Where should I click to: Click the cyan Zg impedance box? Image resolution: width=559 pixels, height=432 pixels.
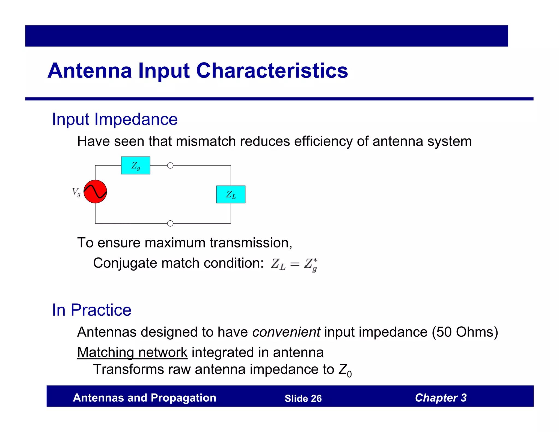coord(135,165)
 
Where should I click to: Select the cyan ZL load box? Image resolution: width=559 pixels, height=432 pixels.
coord(231,194)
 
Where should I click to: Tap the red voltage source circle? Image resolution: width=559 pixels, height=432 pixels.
coord(95,191)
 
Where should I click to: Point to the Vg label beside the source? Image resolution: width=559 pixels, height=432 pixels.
coord(76,192)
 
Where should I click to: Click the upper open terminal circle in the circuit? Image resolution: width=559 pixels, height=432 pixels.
coord(170,165)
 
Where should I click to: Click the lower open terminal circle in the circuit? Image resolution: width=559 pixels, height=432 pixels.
coord(170,223)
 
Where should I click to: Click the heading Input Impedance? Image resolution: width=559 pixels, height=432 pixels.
coord(115,119)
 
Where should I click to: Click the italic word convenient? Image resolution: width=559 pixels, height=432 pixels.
coord(286,332)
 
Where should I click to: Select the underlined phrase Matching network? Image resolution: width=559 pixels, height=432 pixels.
coord(132,352)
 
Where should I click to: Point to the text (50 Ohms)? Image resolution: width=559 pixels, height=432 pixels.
coord(465,332)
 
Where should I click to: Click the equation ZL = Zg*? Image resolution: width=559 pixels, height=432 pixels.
coord(294,264)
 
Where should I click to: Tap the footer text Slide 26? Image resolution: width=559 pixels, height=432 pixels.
coord(303,398)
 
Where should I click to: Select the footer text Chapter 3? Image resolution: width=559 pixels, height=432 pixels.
coord(441,398)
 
